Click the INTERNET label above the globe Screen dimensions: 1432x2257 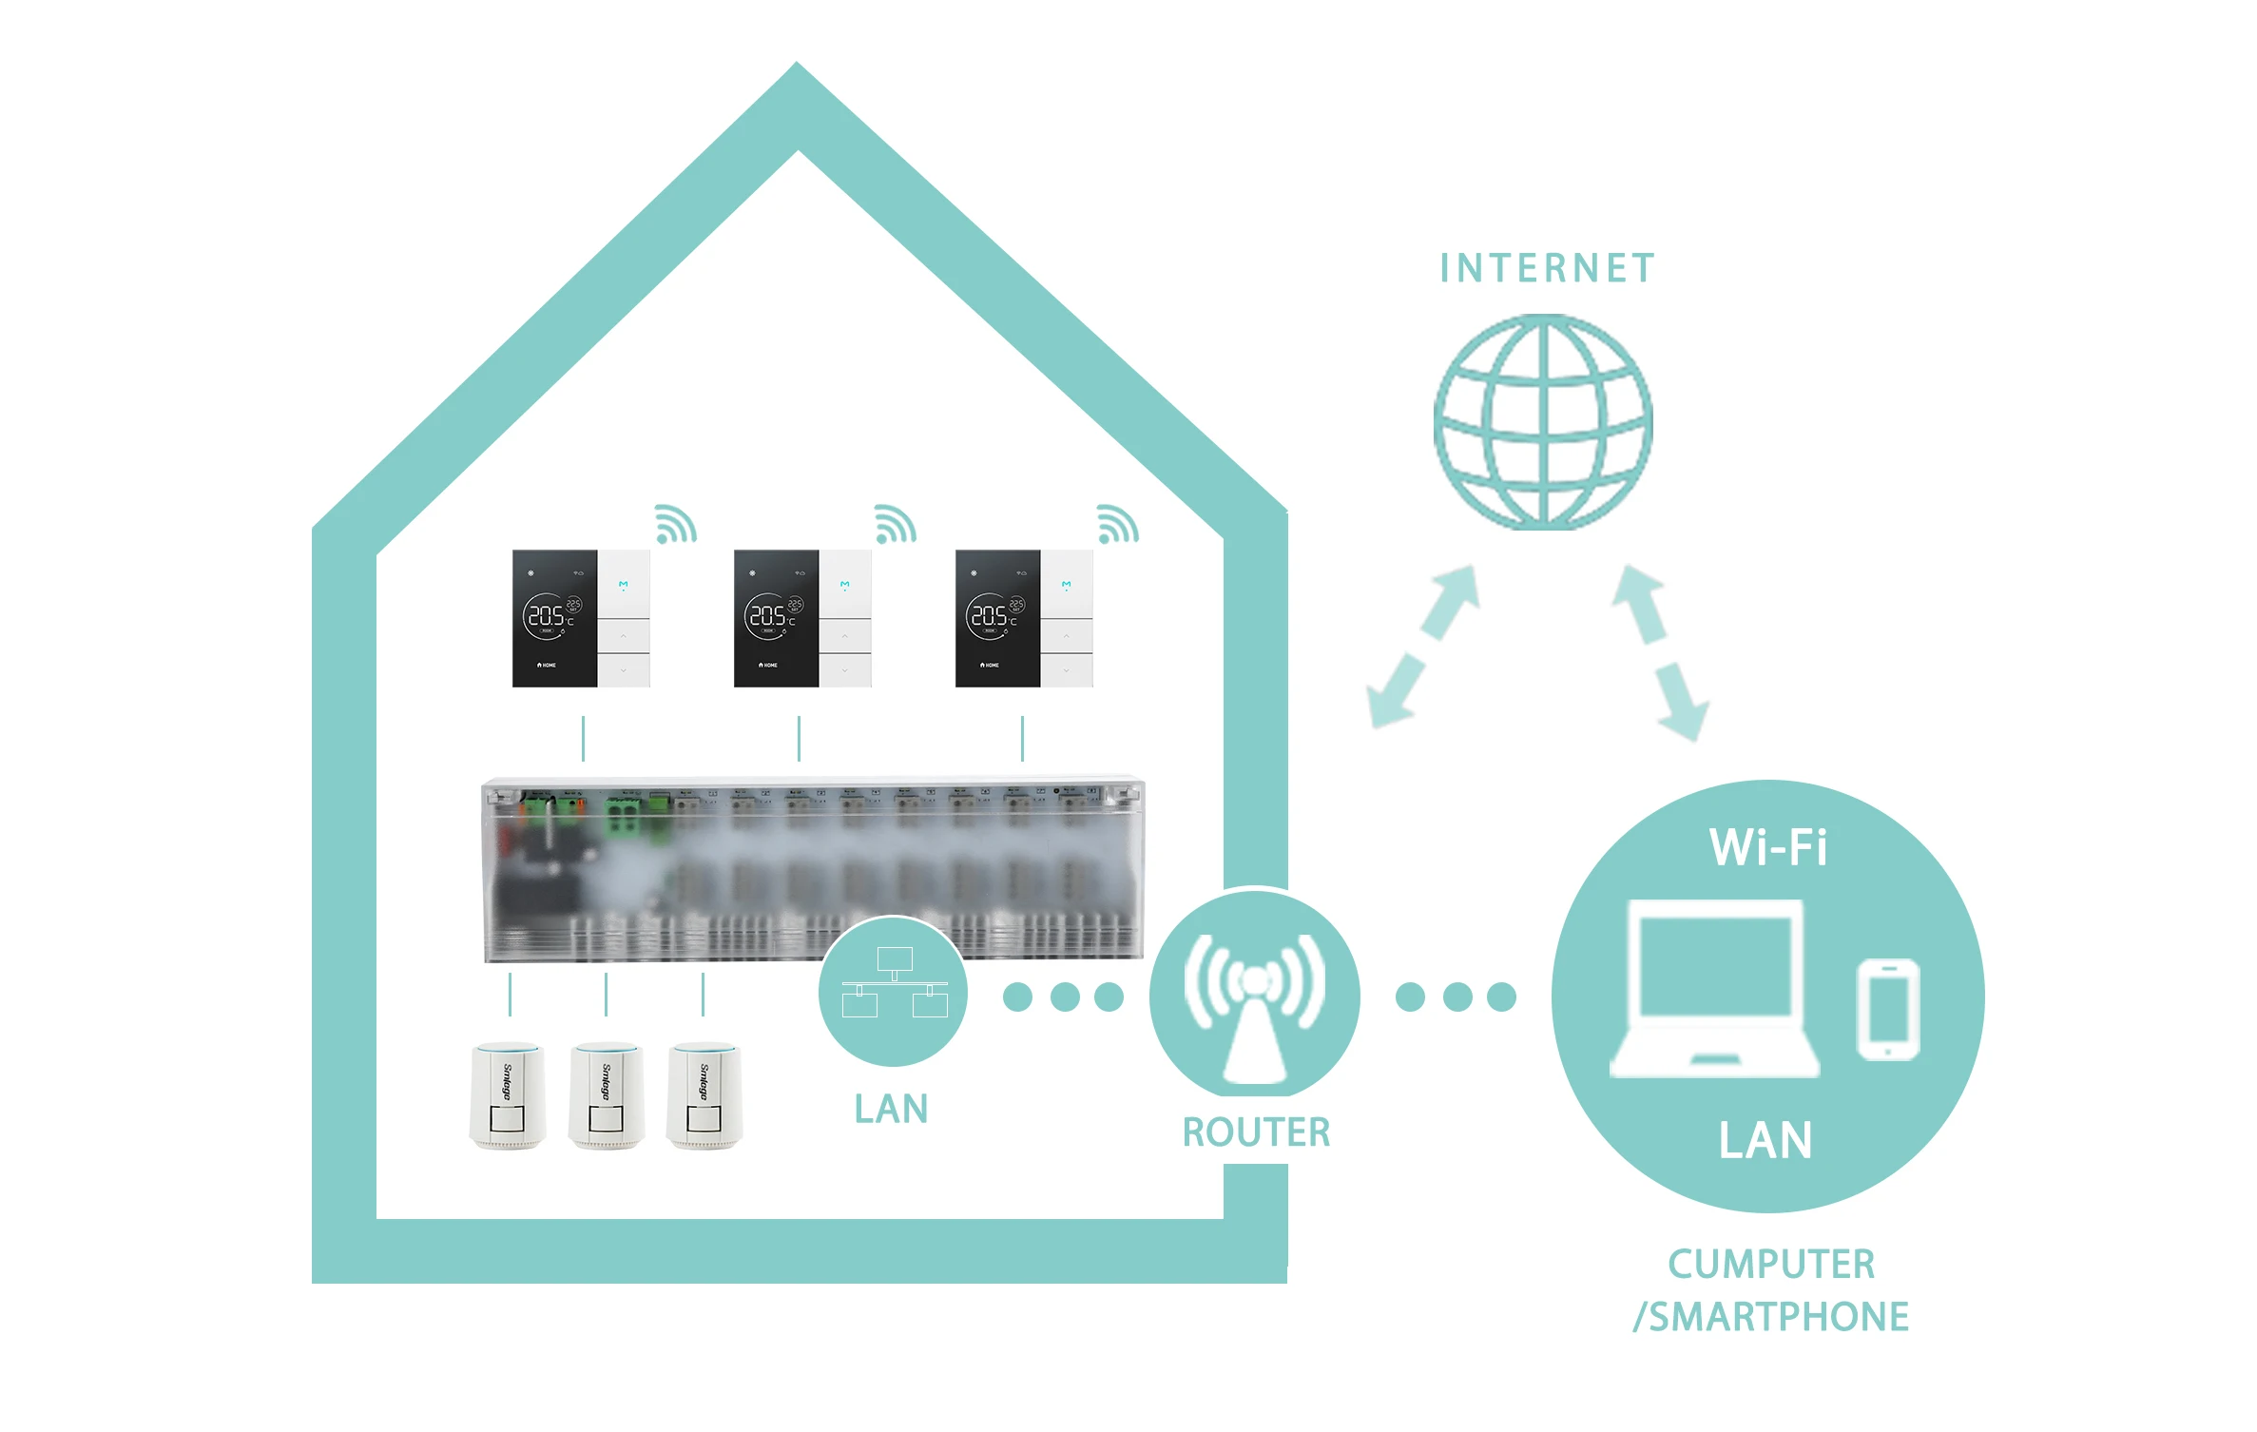pyautogui.click(x=1547, y=269)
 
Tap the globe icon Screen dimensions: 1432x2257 pyautogui.click(x=1543, y=422)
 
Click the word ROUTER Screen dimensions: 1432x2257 pyautogui.click(x=1256, y=1132)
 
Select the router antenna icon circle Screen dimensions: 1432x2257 pyautogui.click(x=1254, y=994)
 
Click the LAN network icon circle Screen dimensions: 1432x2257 pyautogui.click(x=893, y=991)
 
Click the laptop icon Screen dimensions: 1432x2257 pyautogui.click(x=1714, y=989)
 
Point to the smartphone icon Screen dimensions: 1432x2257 pyautogui.click(x=1888, y=1009)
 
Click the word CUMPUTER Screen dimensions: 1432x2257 pyautogui.click(x=1771, y=1265)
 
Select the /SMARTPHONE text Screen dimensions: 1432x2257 pyautogui.click(x=1770, y=1318)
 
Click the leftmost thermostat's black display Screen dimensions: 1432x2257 pyautogui.click(x=554, y=618)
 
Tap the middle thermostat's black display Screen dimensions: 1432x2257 pyautogui.click(x=776, y=618)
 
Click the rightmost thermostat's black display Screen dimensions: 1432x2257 pyautogui.click(x=997, y=618)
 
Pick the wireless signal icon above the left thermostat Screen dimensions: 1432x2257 pyautogui.click(x=675, y=524)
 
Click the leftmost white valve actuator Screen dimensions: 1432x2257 pyautogui.click(x=509, y=1095)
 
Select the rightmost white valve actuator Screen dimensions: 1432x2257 pyautogui.click(x=704, y=1095)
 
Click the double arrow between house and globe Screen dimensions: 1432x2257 pyautogui.click(x=1423, y=647)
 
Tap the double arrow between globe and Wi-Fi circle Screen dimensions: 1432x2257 pyautogui.click(x=1660, y=652)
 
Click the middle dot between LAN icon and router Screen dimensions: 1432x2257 pyautogui.click(x=1065, y=997)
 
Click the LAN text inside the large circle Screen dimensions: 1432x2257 pyautogui.click(x=1765, y=1140)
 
